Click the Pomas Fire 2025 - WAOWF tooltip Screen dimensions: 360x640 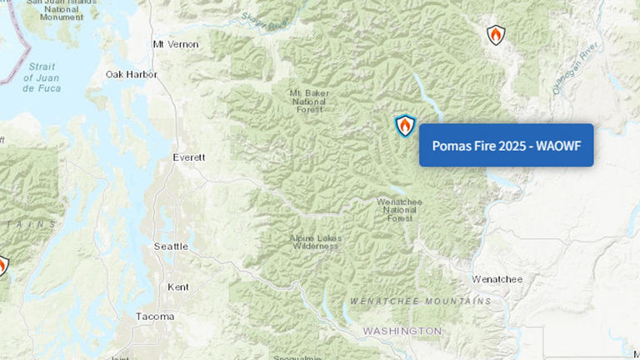coord(506,145)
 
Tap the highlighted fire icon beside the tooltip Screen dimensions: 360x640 coord(405,126)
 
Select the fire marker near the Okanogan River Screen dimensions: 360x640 coord(496,35)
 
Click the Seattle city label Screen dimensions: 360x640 coord(172,246)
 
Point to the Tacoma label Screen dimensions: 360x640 coord(156,316)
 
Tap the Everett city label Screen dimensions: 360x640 coord(188,157)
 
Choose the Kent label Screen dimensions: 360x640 coord(178,287)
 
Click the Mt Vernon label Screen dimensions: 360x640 coord(177,43)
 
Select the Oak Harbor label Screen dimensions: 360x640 coord(132,74)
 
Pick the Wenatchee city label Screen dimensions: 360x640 coord(497,278)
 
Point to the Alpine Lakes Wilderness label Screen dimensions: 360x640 coord(315,242)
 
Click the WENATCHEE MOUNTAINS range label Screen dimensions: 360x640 coord(421,301)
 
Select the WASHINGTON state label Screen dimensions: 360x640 coord(402,331)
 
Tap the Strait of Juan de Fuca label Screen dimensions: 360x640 coord(42,77)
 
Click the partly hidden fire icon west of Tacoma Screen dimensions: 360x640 coord(2,266)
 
